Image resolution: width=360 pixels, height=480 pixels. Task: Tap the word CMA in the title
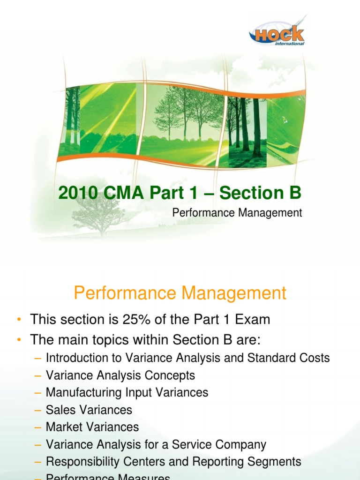[123, 193]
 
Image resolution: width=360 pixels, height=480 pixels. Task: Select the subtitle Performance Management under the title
[237, 213]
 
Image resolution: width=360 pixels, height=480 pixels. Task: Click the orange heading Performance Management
[180, 293]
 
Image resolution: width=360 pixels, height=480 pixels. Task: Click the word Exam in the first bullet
[254, 320]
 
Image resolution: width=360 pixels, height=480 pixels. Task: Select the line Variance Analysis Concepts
[120, 375]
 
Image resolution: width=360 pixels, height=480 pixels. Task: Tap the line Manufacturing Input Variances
[127, 392]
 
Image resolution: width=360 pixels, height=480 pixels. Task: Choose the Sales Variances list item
[89, 410]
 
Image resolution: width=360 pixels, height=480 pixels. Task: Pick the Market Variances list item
[92, 427]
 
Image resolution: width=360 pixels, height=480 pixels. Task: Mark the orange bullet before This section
[18, 320]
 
